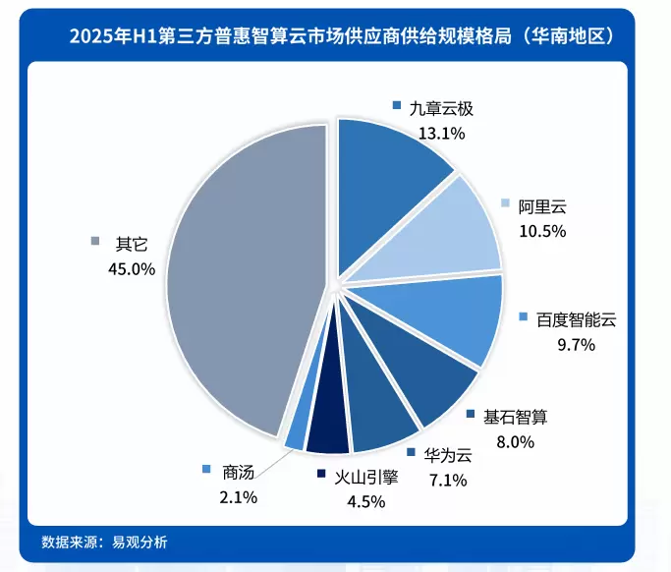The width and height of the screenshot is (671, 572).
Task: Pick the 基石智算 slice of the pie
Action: pyautogui.click(x=422, y=373)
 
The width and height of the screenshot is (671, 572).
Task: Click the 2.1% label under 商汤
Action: pyautogui.click(x=238, y=497)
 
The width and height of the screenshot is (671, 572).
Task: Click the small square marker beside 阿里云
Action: pyautogui.click(x=505, y=204)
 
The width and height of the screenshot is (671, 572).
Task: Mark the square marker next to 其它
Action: pyautogui.click(x=95, y=242)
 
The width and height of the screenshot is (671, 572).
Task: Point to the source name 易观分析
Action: pyautogui.click(x=140, y=542)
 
